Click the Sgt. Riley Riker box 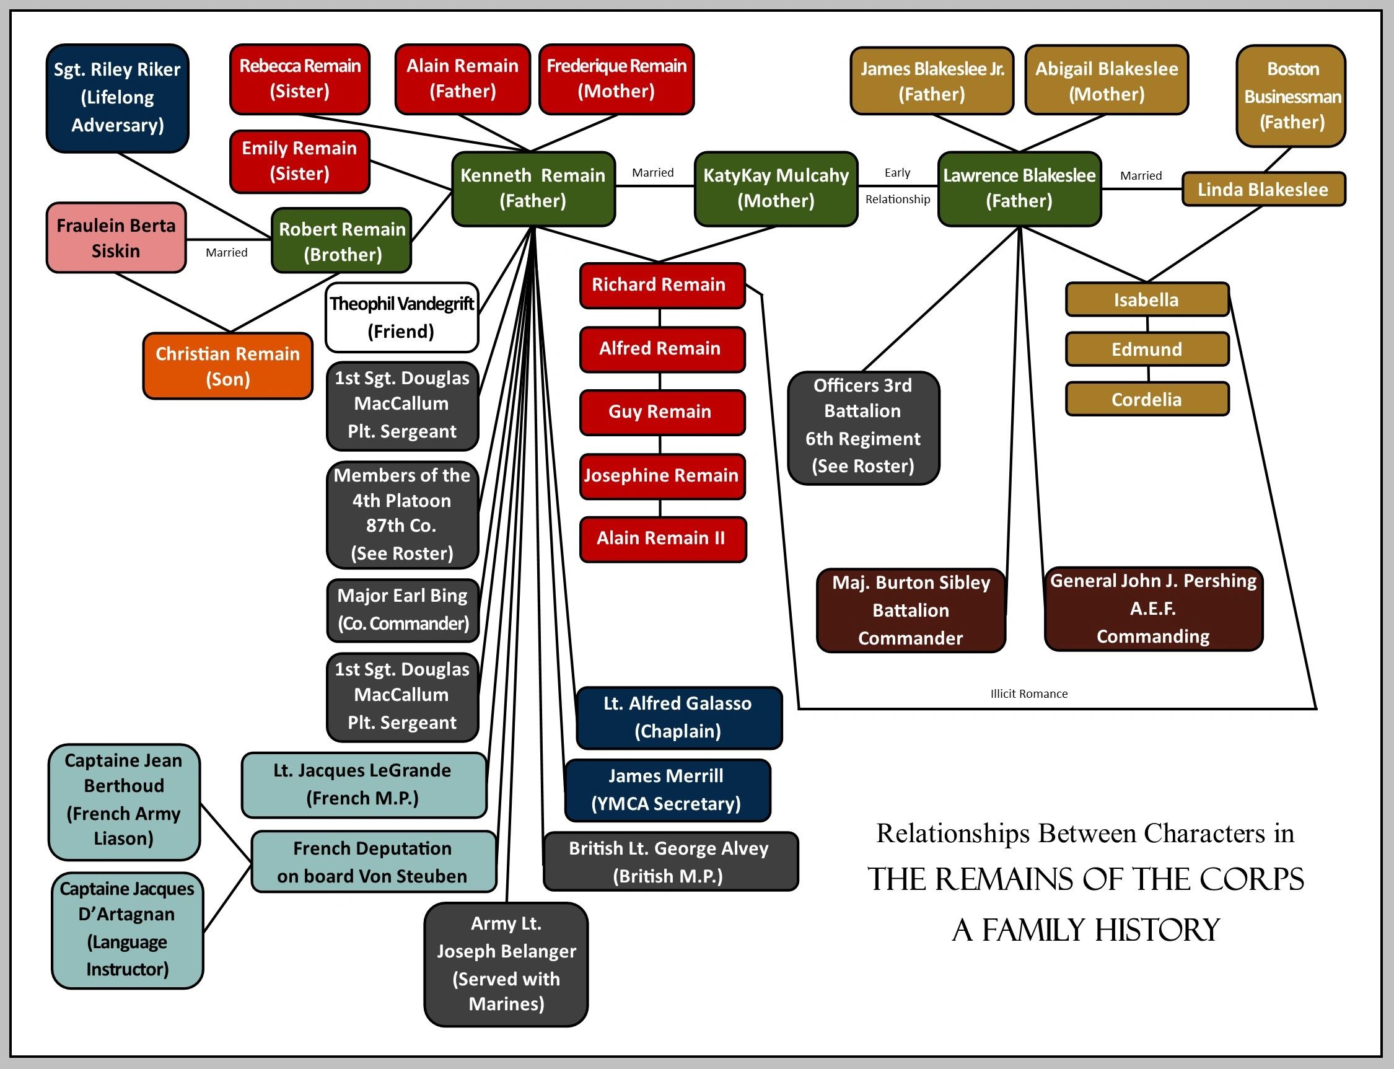point(117,98)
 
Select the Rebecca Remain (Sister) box point(300,79)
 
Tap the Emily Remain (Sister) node point(300,161)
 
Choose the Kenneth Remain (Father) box point(533,188)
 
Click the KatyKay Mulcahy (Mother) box point(776,188)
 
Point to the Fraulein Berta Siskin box point(116,238)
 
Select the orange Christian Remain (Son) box point(228,366)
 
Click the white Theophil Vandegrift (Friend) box point(401,317)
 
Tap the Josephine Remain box point(662,475)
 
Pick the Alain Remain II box point(662,539)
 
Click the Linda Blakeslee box point(1263,189)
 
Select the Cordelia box point(1147,400)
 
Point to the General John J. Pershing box point(1153,609)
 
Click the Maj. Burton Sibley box point(911,610)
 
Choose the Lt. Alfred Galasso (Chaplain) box point(678,717)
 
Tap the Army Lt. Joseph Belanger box point(506,964)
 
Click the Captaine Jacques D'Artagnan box point(127,929)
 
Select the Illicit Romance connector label point(1029,693)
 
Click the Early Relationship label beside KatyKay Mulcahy point(897,186)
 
